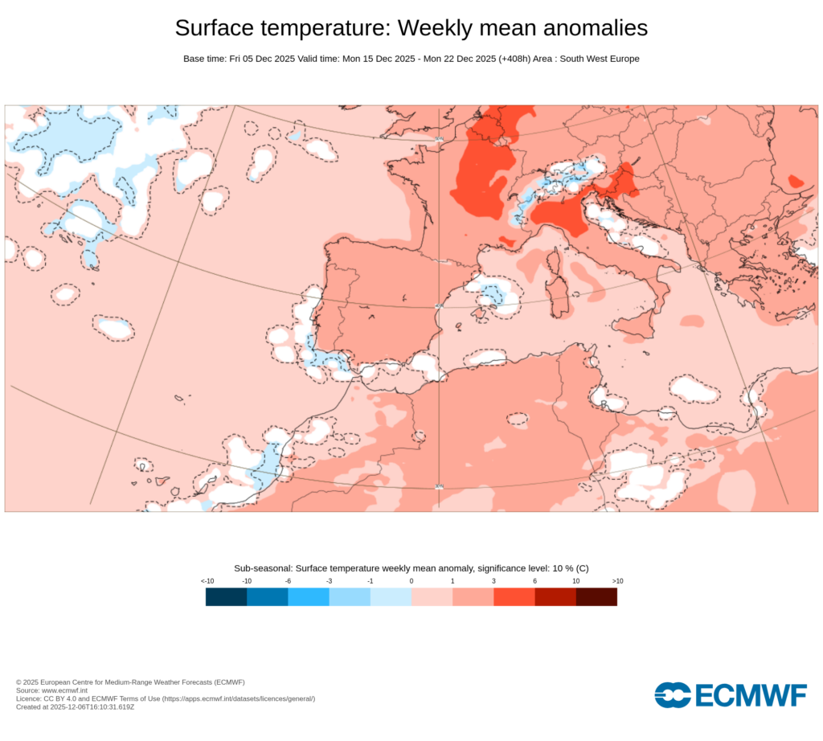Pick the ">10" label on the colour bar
(617, 580)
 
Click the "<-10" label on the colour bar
(207, 580)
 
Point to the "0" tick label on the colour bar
(411, 580)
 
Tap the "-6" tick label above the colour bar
(288, 580)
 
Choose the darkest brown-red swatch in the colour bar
(596, 596)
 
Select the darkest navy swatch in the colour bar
(226, 596)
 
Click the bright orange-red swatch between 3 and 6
(514, 596)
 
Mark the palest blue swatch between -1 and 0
(391, 596)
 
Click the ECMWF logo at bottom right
(731, 694)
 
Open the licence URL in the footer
(238, 698)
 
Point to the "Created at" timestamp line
(75, 706)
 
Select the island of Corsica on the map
(555, 261)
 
